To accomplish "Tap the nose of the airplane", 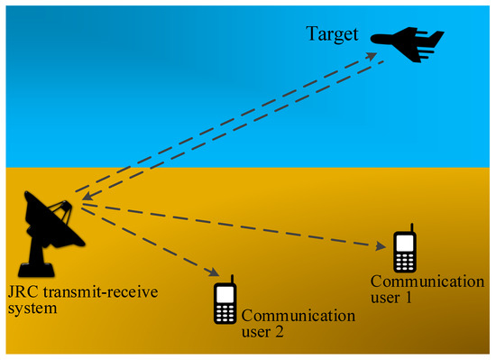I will tap(372, 39).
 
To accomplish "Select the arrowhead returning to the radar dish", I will tap(79, 195).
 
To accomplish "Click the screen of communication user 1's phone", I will tap(405, 244).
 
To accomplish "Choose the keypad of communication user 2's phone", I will tap(225, 311).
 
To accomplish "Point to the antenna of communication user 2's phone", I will tap(232, 280).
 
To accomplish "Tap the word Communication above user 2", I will tap(298, 315).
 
